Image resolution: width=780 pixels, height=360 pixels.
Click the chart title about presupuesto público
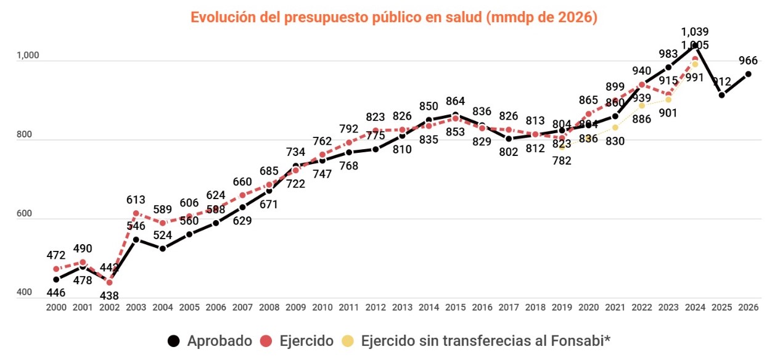coord(394,17)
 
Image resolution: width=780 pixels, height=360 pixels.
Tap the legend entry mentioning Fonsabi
coord(478,340)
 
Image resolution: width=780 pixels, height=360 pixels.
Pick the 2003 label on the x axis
coord(136,306)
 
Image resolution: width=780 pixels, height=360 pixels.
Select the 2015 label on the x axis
coord(455,306)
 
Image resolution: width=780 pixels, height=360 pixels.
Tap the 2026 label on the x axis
coord(748,306)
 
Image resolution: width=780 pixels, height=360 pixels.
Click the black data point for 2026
coord(748,74)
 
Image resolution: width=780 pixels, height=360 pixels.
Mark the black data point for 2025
coord(721,95)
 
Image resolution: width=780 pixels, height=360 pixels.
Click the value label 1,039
coord(695,31)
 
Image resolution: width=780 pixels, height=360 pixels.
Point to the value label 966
coord(748,60)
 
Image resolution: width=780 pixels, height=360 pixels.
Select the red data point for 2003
coord(136,213)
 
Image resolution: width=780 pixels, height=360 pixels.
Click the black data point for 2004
coord(163,248)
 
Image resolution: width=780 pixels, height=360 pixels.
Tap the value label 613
coord(136,200)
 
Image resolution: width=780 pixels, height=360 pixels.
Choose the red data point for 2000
coord(56,269)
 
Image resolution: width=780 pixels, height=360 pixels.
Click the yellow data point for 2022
coord(642,105)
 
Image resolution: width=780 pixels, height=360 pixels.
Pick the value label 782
coord(562,161)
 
